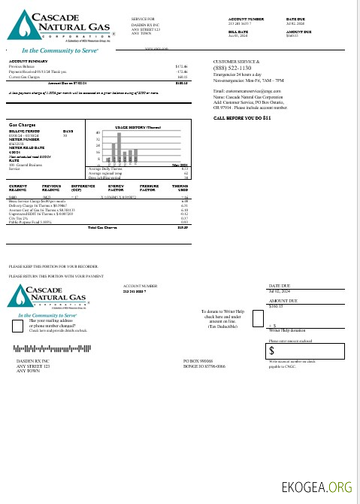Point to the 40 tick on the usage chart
98,132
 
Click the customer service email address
256,90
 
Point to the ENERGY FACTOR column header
116,188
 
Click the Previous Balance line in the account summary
25,66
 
